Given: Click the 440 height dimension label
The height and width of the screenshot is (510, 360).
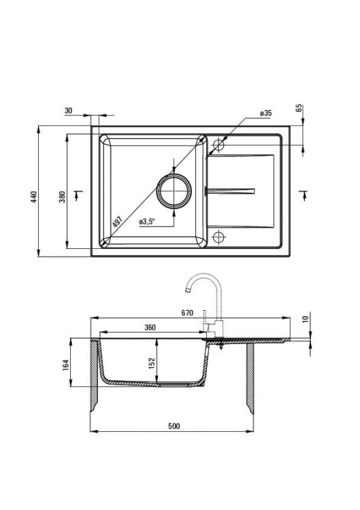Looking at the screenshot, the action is (x=34, y=197).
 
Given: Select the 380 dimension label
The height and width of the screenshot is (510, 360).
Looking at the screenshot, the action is (x=62, y=197).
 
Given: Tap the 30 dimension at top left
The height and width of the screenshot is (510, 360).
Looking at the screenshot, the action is (x=68, y=111).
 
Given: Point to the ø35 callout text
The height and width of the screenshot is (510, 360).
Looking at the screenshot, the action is (x=265, y=113).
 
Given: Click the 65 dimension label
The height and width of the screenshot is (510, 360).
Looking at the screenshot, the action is (x=299, y=108).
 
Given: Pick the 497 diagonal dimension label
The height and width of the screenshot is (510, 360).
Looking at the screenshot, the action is (x=117, y=222).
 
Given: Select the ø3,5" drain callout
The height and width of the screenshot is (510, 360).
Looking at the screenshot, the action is (x=146, y=222).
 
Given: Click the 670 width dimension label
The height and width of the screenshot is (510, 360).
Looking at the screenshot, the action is (x=187, y=313).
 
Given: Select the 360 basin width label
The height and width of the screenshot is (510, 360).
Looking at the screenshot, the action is (x=150, y=328).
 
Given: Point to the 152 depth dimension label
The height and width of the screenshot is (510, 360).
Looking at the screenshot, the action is (x=152, y=363).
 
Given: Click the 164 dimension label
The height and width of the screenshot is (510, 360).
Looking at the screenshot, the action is (x=66, y=365).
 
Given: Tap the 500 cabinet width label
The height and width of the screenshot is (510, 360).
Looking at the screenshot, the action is (x=174, y=426).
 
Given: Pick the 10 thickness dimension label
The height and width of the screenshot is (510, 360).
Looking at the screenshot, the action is (x=305, y=319).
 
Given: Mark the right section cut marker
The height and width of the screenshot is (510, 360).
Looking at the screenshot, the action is (x=304, y=194).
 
